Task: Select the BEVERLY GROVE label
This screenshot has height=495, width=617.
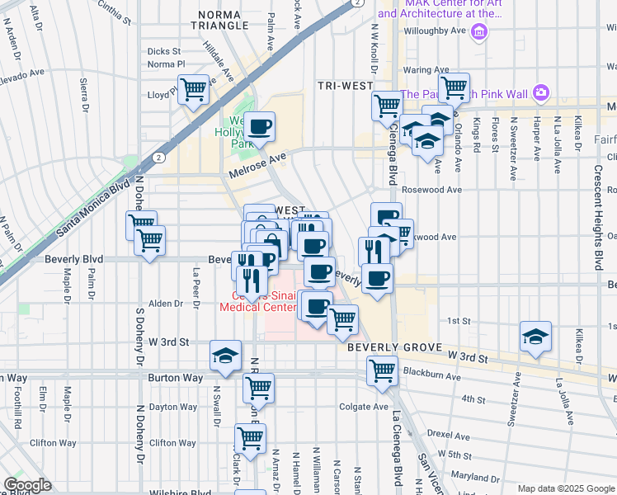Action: coord(395,348)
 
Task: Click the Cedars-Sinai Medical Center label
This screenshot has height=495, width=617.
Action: coord(258,301)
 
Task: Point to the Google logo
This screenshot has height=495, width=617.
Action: coord(27,485)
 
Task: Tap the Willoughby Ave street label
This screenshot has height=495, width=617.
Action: coord(436,31)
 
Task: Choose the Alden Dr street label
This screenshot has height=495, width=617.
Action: coord(167,304)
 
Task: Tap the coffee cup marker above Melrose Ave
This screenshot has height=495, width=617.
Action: coord(260,126)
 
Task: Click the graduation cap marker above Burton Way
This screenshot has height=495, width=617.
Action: coord(225,355)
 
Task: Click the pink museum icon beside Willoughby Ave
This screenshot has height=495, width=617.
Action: coord(480,31)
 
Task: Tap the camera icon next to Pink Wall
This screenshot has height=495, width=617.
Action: coord(540,93)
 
